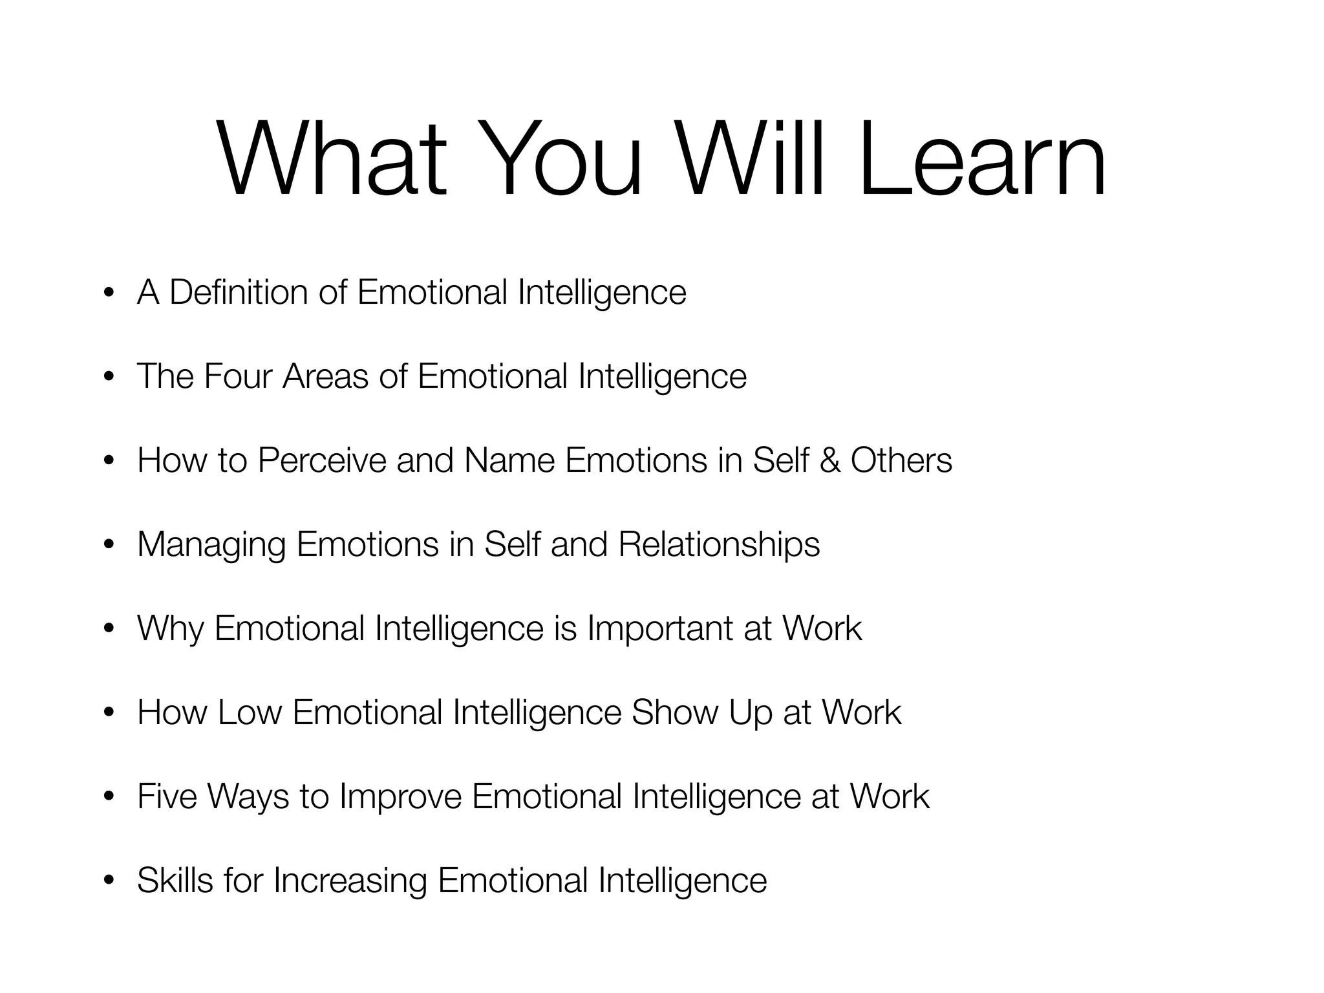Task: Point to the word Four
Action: click(237, 376)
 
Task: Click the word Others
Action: click(901, 460)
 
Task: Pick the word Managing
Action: click(211, 545)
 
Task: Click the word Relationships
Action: click(719, 545)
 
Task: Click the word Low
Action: click(250, 712)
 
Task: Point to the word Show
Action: click(675, 712)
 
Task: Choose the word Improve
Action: click(400, 796)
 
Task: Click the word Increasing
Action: click(350, 881)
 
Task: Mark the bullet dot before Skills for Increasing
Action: click(109, 881)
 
